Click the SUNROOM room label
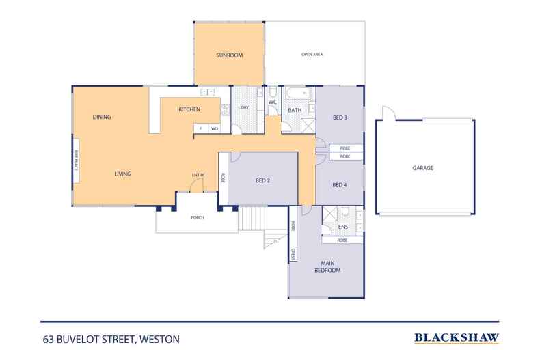pyautogui.click(x=229, y=55)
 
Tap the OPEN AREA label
pyautogui.click(x=312, y=55)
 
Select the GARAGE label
pyautogui.click(x=423, y=167)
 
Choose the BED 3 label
pyautogui.click(x=340, y=117)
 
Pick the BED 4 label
pyautogui.click(x=340, y=184)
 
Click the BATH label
pyautogui.click(x=295, y=110)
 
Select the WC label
pyautogui.click(x=272, y=102)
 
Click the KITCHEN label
pyautogui.click(x=189, y=109)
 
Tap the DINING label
pyautogui.click(x=102, y=117)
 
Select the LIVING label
pyautogui.click(x=122, y=174)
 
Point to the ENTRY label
pyautogui.click(x=198, y=175)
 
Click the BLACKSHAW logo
pyautogui.click(x=457, y=337)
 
